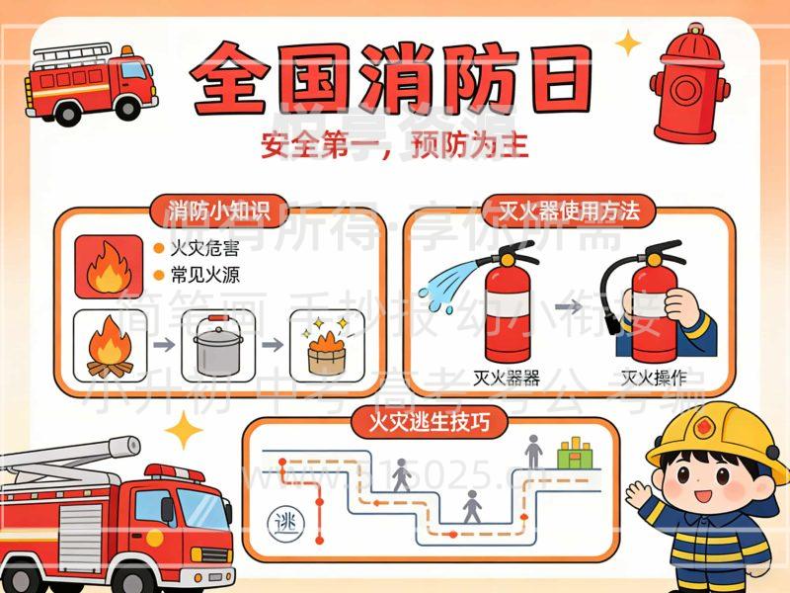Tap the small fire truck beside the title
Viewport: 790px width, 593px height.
coord(89,81)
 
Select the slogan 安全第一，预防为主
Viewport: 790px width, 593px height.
coord(395,145)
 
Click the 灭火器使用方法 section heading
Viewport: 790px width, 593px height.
coord(570,211)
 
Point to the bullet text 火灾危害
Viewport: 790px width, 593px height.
coord(204,247)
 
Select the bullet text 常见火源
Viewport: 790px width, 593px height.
coord(204,274)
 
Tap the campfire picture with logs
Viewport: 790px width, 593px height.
coord(110,345)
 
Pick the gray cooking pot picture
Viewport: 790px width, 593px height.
coord(218,344)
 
